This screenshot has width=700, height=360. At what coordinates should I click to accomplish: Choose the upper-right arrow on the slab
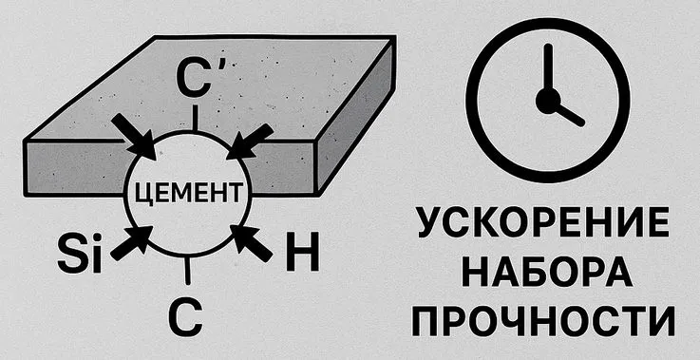coord(251,140)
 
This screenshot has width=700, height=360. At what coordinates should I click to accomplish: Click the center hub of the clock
coord(546,99)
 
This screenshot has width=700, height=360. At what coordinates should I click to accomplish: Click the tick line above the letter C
coord(187,272)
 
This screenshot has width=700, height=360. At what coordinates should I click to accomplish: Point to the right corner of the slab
coord(395,40)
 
